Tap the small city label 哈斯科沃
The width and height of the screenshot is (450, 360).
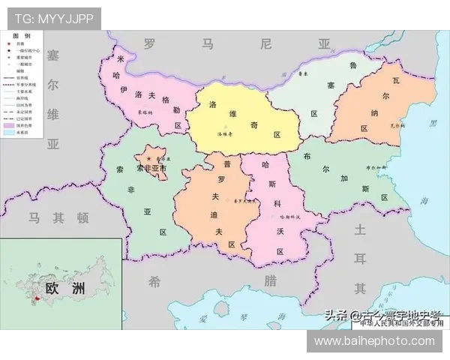(289, 217)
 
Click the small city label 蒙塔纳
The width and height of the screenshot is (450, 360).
(145, 113)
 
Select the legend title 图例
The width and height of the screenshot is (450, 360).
(22, 36)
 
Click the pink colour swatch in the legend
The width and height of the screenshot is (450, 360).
(10, 124)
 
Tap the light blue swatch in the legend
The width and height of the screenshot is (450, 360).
(10, 132)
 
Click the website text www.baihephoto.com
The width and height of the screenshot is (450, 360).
(374, 341)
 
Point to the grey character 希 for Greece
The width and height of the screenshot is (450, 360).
(154, 281)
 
